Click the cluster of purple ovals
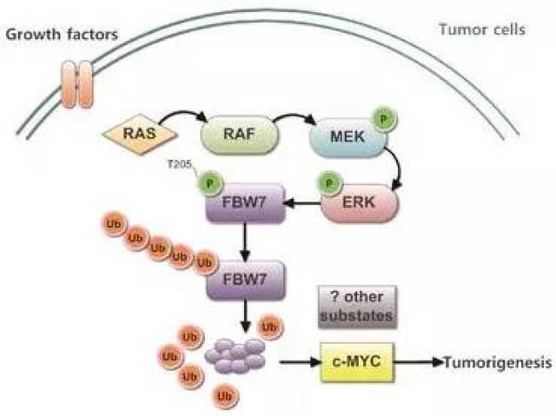(234, 353)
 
